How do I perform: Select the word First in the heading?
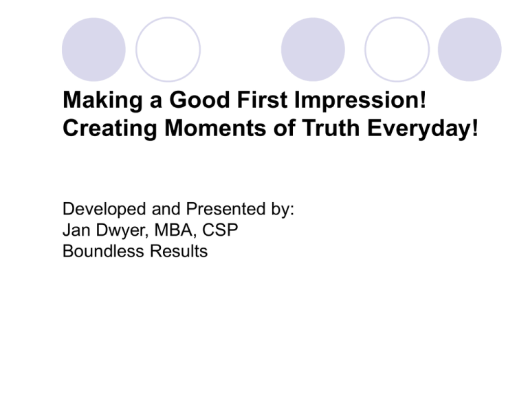tap(262, 100)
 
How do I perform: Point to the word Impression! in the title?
tap(360, 100)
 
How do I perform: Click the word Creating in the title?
tap(110, 129)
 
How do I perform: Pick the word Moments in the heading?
tap(215, 129)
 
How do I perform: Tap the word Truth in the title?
tap(331, 129)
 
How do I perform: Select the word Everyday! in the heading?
tap(422, 129)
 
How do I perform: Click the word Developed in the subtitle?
tap(104, 210)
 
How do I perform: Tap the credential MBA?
tap(174, 230)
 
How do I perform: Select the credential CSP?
tap(220, 230)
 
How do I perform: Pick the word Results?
tap(179, 251)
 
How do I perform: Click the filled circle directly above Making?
tap(93, 49)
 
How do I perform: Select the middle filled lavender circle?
tap(313, 49)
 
